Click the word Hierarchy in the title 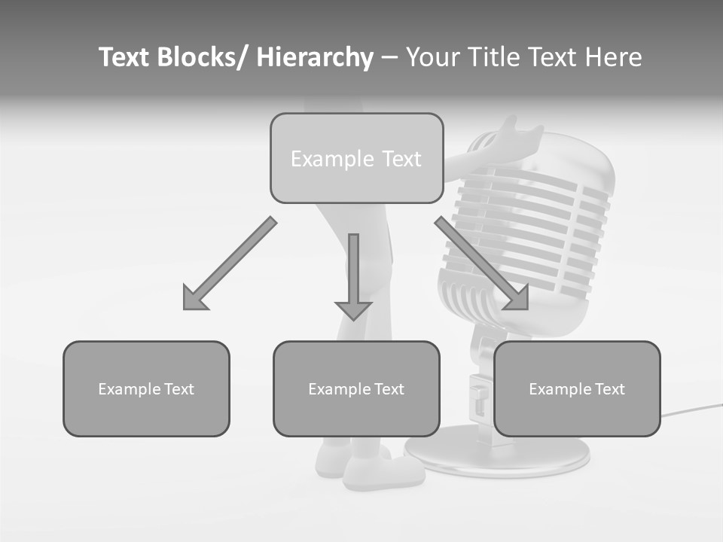pyautogui.click(x=315, y=57)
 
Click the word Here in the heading pyautogui.click(x=612, y=57)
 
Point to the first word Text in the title pyautogui.click(x=126, y=57)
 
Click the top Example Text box pyautogui.click(x=356, y=158)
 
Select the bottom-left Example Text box pyautogui.click(x=146, y=388)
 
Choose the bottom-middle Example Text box pyautogui.click(x=356, y=388)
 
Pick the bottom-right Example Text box pyautogui.click(x=577, y=388)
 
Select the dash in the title pyautogui.click(x=389, y=57)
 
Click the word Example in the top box pyautogui.click(x=322, y=159)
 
